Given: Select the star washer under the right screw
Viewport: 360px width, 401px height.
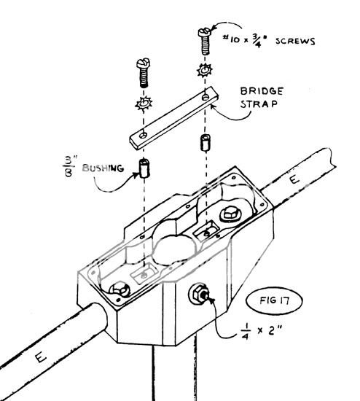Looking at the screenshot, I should (x=204, y=72).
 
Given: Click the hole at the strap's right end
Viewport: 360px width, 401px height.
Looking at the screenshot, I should (x=209, y=96).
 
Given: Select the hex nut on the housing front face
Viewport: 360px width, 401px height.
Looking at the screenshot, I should (x=198, y=295).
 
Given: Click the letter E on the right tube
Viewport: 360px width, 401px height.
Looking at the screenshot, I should (x=292, y=178).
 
